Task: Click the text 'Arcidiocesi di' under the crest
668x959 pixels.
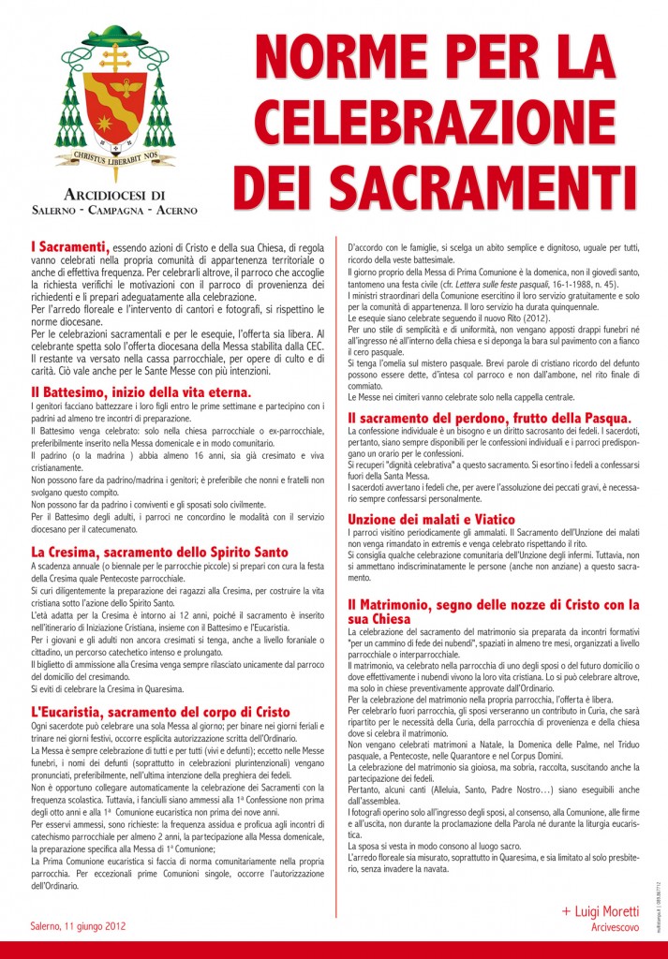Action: (115, 194)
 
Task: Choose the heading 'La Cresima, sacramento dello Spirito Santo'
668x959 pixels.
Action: (159, 552)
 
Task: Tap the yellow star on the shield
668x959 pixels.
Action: (105, 123)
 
